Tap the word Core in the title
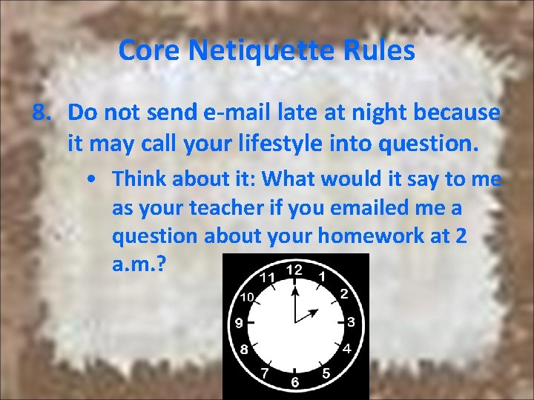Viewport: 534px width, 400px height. (x=150, y=51)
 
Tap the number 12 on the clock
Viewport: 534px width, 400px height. (x=295, y=270)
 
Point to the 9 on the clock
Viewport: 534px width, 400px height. (x=240, y=323)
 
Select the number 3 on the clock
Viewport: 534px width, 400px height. (x=351, y=322)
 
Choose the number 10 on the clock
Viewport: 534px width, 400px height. (x=247, y=297)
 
